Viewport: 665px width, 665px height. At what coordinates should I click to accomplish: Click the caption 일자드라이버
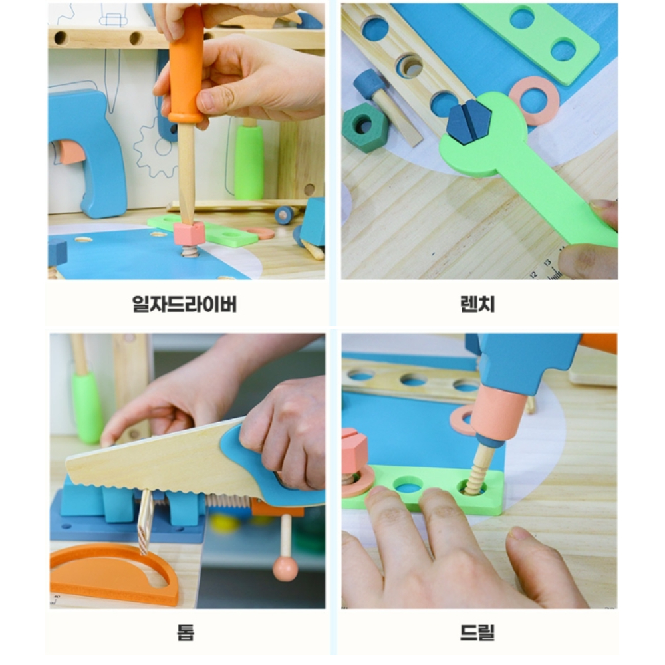coord(184,304)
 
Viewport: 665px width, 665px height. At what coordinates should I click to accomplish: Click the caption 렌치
coord(477,304)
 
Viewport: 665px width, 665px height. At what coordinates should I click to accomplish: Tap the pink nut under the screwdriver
coord(189,233)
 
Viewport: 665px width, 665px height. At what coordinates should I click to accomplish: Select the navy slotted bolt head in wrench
coord(468,122)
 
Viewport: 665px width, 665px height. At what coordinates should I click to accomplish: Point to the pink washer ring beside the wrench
coord(535,100)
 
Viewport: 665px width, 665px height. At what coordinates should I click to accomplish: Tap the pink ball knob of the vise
coord(285,569)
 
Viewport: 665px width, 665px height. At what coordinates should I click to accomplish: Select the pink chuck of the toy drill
coord(495,416)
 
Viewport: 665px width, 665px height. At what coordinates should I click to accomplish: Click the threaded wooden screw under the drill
coord(479,471)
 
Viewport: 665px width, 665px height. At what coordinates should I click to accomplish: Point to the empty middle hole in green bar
coord(408,484)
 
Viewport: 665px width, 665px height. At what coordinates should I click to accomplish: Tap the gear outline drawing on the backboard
coord(156,147)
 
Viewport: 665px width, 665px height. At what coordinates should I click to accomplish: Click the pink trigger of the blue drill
coord(70,152)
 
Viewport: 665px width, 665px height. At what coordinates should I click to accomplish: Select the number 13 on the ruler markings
coord(547,263)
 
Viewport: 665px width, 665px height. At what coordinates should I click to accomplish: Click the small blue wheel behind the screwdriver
coord(284,215)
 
